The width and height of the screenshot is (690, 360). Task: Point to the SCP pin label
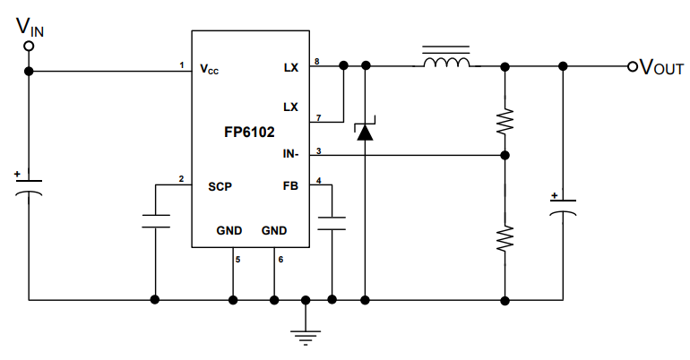(220, 186)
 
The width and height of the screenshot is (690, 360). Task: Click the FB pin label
(289, 186)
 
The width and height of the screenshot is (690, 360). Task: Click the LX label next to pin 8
(289, 68)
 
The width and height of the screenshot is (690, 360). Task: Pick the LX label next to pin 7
(289, 107)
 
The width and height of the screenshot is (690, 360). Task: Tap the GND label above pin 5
(229, 230)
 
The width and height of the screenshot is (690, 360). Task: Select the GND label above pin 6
(274, 230)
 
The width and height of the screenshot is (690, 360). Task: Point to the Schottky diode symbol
(365, 131)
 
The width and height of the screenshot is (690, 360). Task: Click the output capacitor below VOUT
(563, 206)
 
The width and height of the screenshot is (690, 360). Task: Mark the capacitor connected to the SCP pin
(156, 221)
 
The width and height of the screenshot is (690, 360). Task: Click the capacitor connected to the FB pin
(332, 222)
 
